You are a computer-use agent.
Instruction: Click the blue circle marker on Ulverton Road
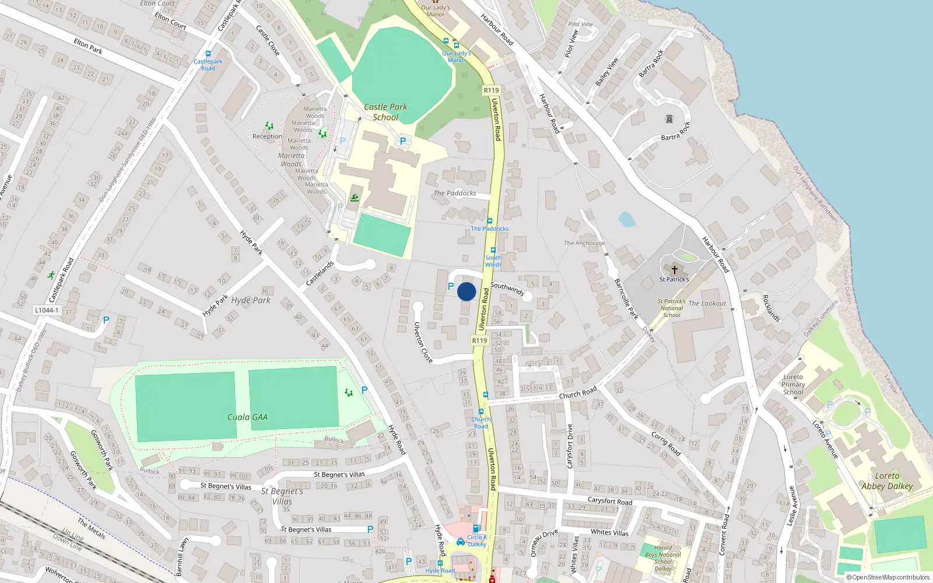[466, 291]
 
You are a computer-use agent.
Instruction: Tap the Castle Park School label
[385, 112]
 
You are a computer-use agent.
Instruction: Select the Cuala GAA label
[247, 417]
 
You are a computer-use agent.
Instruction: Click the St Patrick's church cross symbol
[675, 270]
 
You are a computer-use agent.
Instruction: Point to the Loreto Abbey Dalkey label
[887, 481]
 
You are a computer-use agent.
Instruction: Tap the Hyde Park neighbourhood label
[251, 300]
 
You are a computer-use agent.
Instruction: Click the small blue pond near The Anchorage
[626, 219]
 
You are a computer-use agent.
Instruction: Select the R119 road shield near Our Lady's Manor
[491, 90]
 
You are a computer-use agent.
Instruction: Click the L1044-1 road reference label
[47, 310]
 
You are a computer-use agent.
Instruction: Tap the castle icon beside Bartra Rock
[669, 119]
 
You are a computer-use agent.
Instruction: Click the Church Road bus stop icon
[481, 412]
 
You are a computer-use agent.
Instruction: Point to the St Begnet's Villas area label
[282, 496]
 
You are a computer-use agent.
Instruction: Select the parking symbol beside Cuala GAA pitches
[364, 390]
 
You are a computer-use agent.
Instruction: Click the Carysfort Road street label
[609, 501]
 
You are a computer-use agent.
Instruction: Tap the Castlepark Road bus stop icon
[208, 54]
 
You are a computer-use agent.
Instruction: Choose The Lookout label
[707, 303]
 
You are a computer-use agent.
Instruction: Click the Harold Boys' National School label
[663, 558]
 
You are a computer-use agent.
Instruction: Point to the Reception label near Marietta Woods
[267, 136]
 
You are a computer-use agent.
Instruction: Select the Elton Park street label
[88, 46]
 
